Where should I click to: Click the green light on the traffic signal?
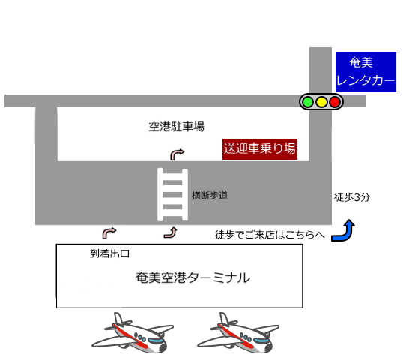308,101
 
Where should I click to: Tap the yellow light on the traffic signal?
321,101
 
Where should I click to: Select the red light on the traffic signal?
335,101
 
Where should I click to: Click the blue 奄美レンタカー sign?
366,72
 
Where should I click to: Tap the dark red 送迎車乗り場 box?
260,149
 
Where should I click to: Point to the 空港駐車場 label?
176,127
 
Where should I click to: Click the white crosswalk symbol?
172,194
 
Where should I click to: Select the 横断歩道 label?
210,196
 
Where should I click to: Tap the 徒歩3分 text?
352,197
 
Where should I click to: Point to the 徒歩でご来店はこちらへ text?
270,235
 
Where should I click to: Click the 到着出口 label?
109,253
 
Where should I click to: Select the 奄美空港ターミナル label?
193,277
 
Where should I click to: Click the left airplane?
133,333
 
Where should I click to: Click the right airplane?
238,333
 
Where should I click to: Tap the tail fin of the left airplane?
119,319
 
